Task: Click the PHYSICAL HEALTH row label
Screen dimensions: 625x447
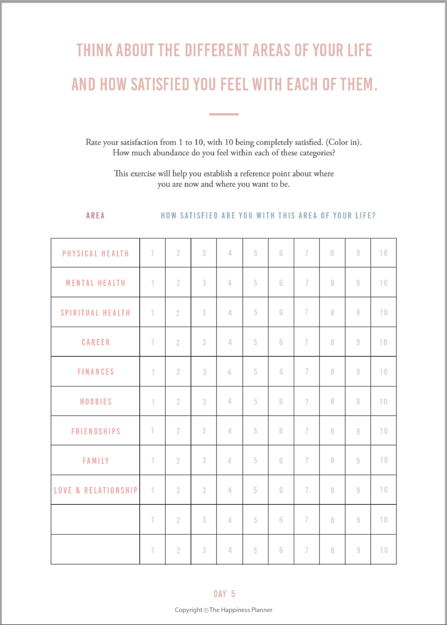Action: (96, 253)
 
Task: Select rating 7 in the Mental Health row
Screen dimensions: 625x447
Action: (306, 283)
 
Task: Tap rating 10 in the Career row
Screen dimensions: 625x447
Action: (383, 342)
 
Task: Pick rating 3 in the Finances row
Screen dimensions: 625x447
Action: (204, 372)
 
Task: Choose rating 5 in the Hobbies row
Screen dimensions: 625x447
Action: (255, 401)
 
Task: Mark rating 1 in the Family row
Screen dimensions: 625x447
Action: (152, 460)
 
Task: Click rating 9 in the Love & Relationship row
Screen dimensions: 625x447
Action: (358, 490)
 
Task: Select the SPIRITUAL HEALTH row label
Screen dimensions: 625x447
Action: (96, 313)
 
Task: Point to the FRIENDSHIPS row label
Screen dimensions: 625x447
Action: (96, 432)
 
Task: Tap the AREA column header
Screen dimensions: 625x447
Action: (95, 215)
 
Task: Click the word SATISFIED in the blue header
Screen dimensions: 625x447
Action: (199, 215)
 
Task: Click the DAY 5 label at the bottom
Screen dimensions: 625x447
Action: (224, 594)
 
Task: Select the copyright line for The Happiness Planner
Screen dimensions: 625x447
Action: (223, 610)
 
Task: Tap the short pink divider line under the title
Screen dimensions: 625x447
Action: (223, 114)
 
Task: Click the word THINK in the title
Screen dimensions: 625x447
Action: (94, 51)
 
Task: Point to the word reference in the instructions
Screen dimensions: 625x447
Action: (255, 173)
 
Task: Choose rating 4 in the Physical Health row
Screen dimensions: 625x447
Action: (230, 253)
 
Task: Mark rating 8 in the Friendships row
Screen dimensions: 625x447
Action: (332, 432)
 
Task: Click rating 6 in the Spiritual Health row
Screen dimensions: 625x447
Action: (281, 313)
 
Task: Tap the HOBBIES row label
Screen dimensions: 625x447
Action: (96, 402)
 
